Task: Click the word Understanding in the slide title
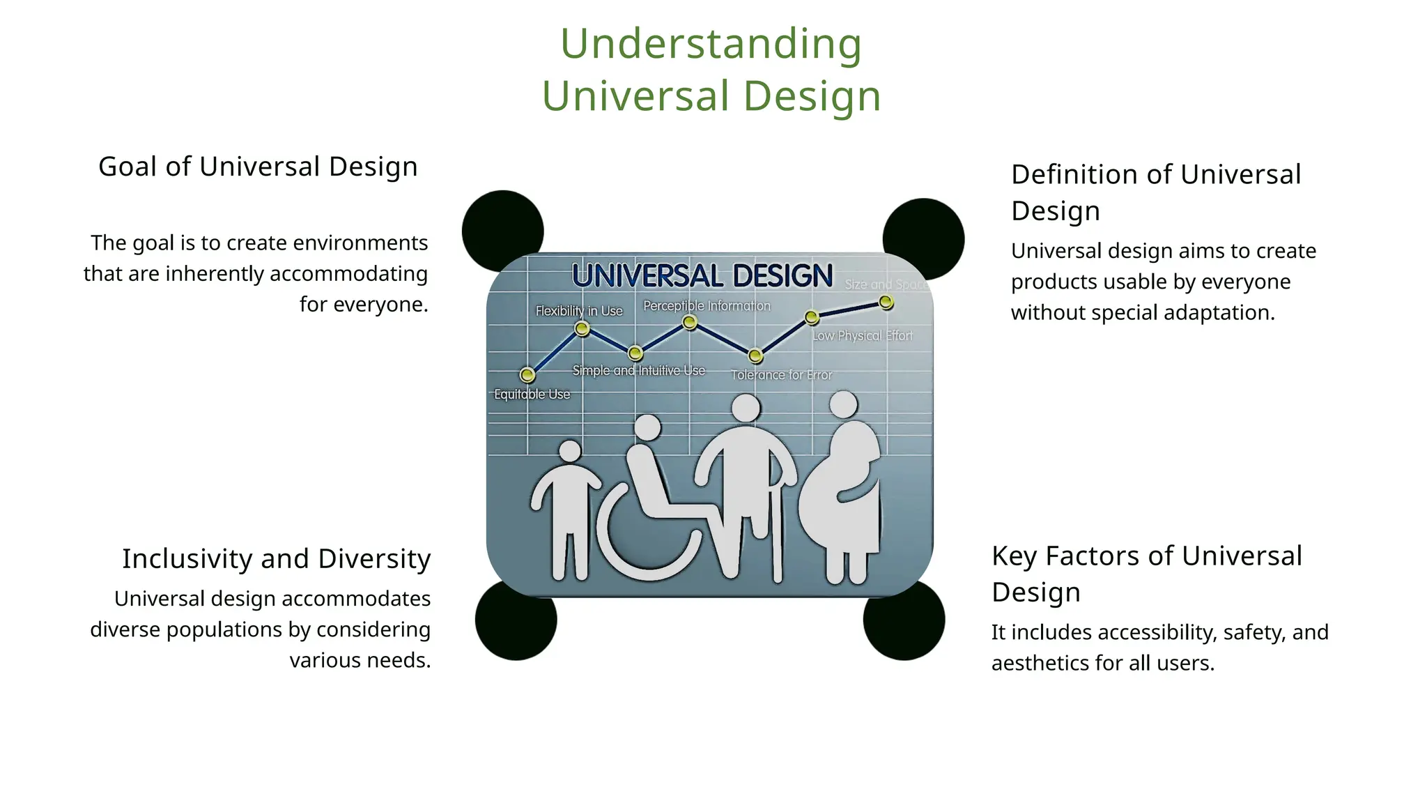[711, 44]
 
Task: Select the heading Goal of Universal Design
[258, 167]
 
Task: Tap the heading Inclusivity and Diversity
[276, 559]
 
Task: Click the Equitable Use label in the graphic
[532, 395]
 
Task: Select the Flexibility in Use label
[578, 311]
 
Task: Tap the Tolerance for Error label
[781, 375]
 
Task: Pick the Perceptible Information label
[707, 306]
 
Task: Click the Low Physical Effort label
[862, 336]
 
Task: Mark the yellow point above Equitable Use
[527, 375]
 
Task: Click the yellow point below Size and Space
[886, 302]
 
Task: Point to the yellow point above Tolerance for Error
[755, 356]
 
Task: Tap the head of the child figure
[570, 451]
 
